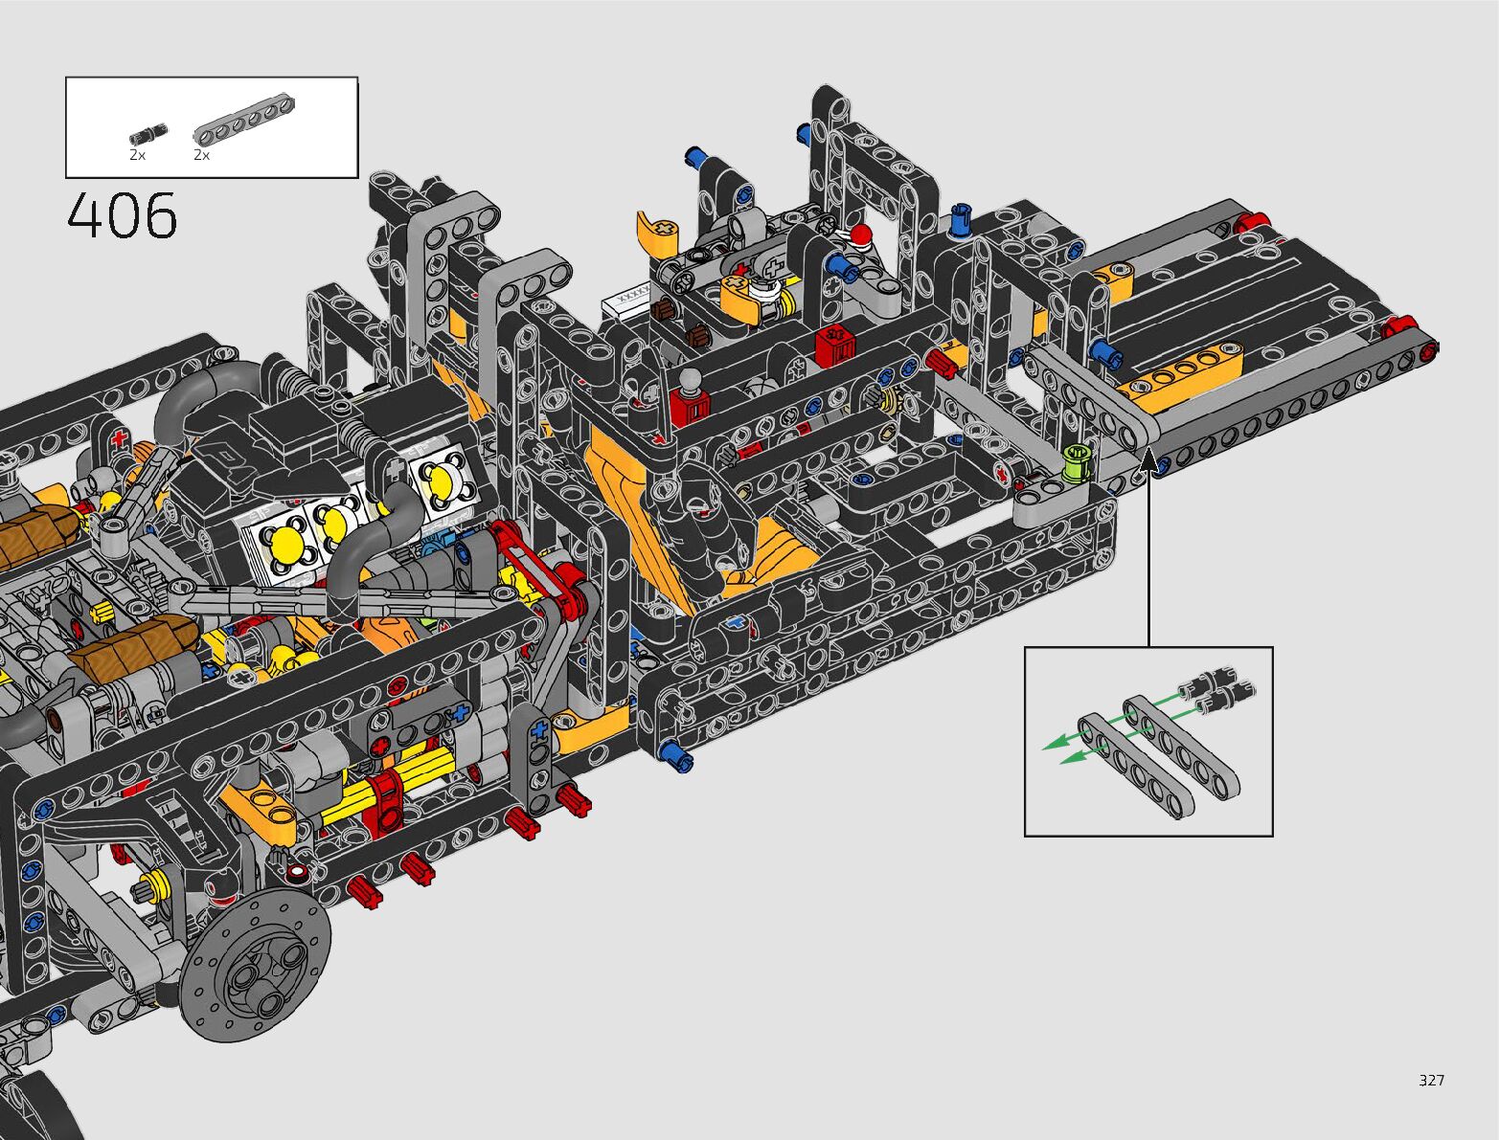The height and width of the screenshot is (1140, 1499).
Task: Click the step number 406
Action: (123, 215)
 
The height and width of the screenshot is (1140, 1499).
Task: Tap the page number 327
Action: (1431, 1080)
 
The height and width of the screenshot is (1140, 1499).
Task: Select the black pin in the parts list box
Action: (148, 135)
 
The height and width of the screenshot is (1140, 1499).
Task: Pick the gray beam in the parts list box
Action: (244, 121)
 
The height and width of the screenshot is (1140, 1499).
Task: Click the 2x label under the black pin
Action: (137, 156)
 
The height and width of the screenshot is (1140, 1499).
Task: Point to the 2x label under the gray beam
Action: (201, 156)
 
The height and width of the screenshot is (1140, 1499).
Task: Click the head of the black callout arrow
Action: (1148, 459)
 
